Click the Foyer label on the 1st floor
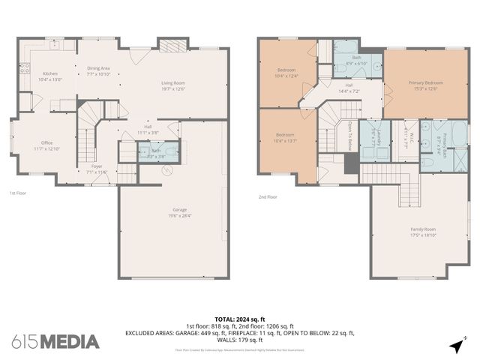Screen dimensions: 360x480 (x=97, y=169)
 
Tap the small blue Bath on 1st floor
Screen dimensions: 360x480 (x=157, y=152)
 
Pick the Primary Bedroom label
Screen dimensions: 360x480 (x=425, y=85)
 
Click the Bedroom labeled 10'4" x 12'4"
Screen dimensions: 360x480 (x=286, y=72)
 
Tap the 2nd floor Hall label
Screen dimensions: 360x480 (x=349, y=88)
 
